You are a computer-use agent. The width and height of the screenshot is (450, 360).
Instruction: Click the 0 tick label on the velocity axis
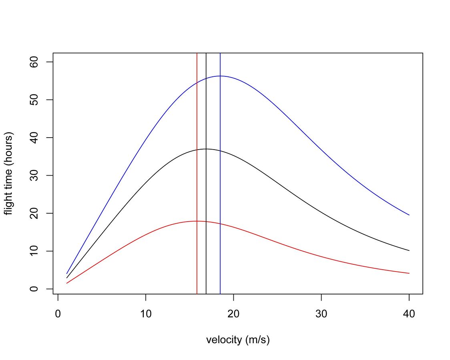58,314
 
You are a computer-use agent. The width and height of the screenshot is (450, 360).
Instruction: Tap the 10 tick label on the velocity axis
146,314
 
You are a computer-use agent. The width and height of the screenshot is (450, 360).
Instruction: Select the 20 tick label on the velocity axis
233,314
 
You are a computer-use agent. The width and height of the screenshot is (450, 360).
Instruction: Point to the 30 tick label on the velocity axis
321,314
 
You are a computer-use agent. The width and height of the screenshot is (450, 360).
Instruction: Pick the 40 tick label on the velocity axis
409,314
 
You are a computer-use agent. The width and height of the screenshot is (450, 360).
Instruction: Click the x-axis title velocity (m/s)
238,340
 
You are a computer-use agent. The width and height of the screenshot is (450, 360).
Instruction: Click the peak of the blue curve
220,76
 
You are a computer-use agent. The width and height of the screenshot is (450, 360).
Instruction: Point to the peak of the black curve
206,149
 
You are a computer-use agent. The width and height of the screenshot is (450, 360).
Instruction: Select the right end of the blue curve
409,215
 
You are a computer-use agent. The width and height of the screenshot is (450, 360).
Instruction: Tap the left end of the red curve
67,283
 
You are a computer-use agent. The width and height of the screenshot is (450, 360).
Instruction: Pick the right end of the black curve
409,250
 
